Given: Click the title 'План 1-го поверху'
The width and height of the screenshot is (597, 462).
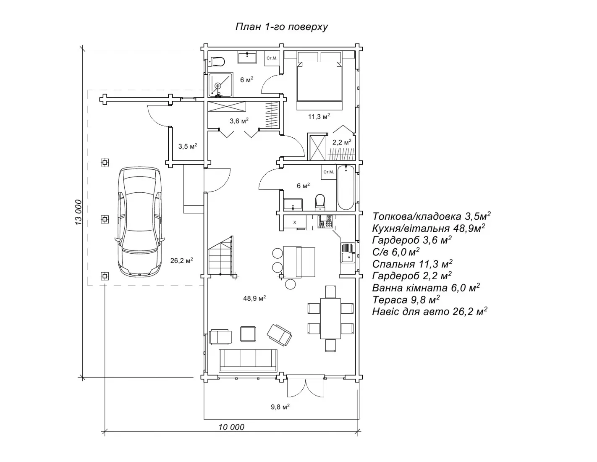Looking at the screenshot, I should pos(281,27).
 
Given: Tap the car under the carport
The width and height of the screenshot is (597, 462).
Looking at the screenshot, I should pos(139,221).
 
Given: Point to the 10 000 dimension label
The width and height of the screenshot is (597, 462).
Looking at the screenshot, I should pos(231,427).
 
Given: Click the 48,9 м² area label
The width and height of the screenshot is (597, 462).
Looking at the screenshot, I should pos(254,299).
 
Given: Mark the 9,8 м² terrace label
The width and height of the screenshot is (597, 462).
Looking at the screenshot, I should pos(280,407).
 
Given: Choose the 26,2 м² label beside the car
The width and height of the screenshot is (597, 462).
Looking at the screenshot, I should pos(181,260).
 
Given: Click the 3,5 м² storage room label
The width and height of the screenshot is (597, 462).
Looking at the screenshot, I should pos(188,147).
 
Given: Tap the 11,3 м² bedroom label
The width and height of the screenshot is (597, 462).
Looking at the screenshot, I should pos(319,116).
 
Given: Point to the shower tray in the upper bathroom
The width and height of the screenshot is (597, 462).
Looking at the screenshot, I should pos(220,85).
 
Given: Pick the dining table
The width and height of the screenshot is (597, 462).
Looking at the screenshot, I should pos(330,318).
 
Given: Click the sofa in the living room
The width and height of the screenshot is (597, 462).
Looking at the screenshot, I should pos(248,360).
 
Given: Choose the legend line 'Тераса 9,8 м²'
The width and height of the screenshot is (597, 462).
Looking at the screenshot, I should pos(406,300).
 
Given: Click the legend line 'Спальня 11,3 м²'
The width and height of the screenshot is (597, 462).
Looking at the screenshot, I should pos(412,264).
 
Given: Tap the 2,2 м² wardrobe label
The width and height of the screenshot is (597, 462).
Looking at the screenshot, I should pos(342,143).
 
